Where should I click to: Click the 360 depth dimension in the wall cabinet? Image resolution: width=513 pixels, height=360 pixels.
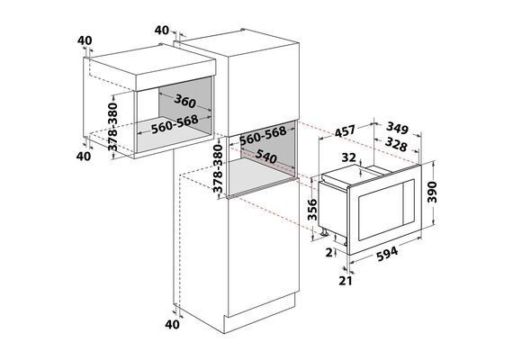185,101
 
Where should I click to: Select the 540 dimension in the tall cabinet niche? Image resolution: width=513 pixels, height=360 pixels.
266,156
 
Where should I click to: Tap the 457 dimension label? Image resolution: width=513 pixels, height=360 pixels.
345,131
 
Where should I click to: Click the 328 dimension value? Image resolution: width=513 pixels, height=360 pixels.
396,144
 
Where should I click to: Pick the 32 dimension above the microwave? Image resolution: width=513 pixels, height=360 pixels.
348,157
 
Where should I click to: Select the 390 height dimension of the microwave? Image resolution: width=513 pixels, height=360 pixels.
432,192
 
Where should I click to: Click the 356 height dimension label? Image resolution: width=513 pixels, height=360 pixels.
313,210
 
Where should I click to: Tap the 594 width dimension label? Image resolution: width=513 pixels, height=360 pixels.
387,254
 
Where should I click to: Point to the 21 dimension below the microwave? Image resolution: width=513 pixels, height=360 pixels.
346,281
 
